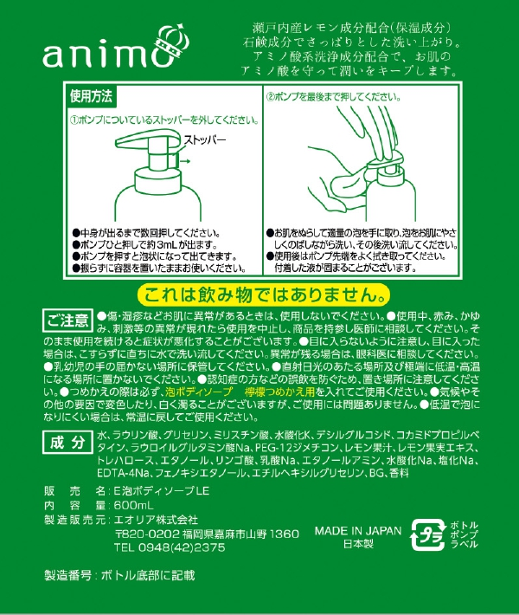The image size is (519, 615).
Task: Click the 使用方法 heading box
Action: tap(91, 93)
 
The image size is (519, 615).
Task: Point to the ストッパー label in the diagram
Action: tap(205, 139)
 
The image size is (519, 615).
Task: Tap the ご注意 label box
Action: tap(67, 320)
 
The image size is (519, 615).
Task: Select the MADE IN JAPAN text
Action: tap(358, 531)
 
